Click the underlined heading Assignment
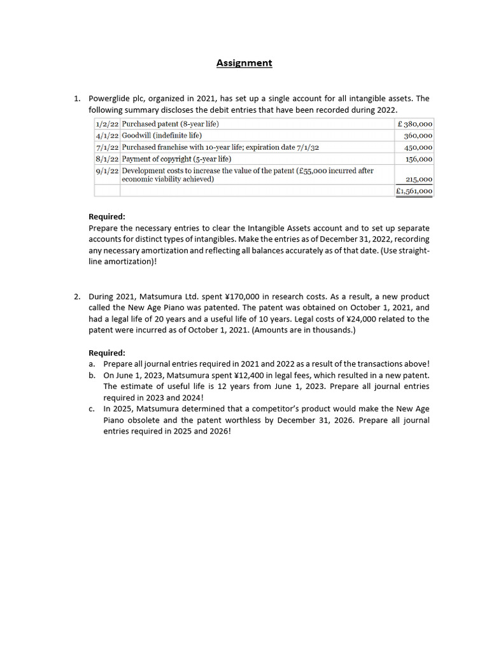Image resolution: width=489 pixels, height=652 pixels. tap(244, 63)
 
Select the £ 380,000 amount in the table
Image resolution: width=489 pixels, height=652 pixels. tap(415, 124)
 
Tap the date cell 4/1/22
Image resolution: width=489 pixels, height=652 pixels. tap(107, 136)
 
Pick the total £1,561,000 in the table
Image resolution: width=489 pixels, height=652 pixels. tap(414, 190)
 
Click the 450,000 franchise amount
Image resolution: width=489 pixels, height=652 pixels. tap(418, 147)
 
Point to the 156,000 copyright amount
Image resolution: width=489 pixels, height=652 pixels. tap(418, 159)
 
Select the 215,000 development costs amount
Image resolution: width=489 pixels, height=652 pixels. tap(418, 180)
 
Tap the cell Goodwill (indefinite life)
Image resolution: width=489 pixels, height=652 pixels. tap(162, 136)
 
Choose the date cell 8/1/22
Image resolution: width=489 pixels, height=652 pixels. tap(107, 159)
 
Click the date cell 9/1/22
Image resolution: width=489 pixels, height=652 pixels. tap(107, 171)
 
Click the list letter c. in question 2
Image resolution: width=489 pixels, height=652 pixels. tap(92, 409)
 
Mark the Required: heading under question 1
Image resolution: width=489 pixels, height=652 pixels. tap(106, 216)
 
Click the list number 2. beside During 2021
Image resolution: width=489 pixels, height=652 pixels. tap(76, 297)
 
